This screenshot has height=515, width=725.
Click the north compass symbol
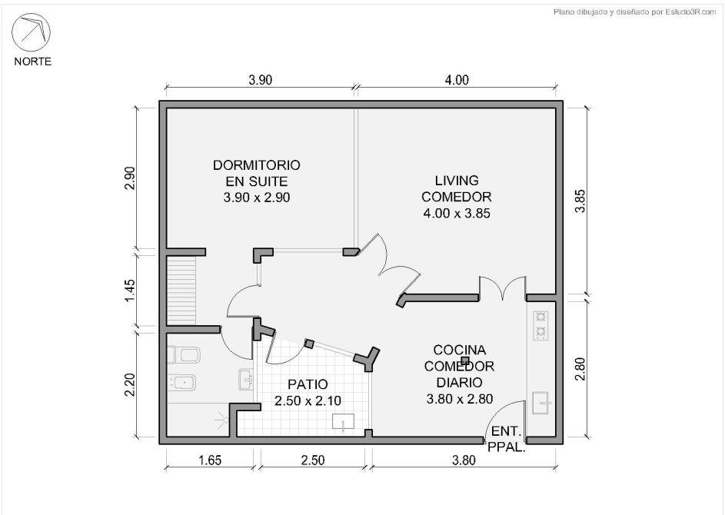31,32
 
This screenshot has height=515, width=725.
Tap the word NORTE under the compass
32,61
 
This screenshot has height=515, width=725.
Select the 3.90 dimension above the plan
261,80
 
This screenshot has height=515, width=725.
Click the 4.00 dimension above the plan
457,80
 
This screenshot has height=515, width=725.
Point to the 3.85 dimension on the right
580,201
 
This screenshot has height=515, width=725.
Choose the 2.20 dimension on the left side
130,384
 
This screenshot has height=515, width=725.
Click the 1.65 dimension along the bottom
210,460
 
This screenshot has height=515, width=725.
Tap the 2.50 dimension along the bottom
313,460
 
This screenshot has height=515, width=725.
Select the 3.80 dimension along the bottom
464,460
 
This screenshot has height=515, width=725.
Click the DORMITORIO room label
257,165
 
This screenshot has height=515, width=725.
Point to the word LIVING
457,181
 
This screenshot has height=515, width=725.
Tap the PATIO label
308,384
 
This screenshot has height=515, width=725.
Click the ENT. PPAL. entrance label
507,439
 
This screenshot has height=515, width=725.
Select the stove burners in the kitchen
540,325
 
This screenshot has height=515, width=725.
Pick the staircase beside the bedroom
181,291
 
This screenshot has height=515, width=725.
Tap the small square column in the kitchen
466,360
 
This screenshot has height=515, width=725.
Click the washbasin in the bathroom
245,379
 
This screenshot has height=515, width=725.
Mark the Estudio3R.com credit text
634,12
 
